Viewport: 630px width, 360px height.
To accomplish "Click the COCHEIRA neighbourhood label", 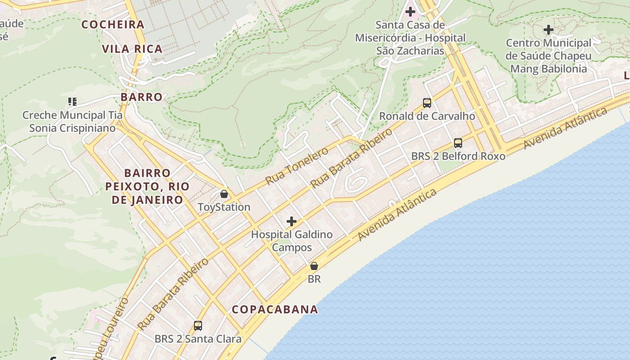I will coord(113,24).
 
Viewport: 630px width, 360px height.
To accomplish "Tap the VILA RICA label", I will coord(132,49).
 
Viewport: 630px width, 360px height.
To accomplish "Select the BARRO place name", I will coord(141,97).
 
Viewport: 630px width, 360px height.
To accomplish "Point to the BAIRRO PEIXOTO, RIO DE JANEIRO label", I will coord(148,186).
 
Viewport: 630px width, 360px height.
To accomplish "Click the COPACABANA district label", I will coord(275,309).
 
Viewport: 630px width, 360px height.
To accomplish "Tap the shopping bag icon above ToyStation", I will coord(224,194).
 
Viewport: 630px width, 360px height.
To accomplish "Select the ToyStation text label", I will coord(224,207).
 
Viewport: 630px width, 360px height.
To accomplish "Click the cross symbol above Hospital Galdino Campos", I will coord(292,221).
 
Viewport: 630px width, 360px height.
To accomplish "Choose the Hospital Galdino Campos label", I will coord(292,241).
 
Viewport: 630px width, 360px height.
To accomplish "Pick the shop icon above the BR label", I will coord(314,266).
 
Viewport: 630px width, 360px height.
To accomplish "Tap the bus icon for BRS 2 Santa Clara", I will coord(198,325).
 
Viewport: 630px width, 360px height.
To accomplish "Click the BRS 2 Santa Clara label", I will coord(198,339).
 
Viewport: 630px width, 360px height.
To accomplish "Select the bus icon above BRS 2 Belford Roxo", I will coord(458,143).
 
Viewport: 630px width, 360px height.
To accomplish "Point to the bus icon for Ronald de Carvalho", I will coord(427,103).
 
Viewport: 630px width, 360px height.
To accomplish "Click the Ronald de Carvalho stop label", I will coord(427,116).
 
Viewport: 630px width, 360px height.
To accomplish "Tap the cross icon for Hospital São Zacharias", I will coord(410,11).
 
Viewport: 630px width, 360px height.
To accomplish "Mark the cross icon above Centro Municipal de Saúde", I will coord(548,30).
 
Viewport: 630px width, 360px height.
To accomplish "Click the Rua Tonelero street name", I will coord(297,165).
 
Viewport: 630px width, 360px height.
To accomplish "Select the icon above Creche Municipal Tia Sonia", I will coord(72,102).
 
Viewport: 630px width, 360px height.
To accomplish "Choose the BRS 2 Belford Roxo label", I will coord(458,156).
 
